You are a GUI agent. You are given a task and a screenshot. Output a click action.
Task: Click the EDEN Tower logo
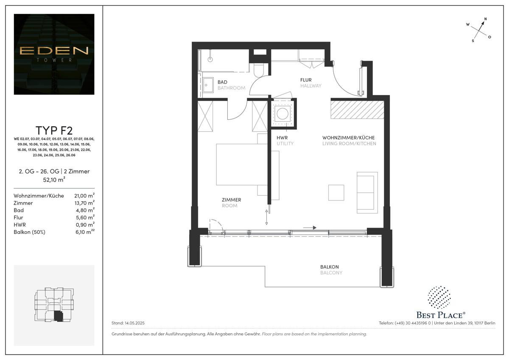coord(54,53)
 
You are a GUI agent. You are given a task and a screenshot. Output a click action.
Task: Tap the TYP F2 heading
coord(54,130)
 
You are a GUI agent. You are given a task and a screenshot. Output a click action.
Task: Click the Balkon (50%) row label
coord(30,232)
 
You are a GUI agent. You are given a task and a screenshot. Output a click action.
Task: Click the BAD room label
coord(223,82)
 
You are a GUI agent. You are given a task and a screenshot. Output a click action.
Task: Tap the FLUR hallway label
coord(306,80)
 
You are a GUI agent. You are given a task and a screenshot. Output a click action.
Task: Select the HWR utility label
coord(282,138)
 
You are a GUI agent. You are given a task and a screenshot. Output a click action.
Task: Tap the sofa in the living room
coord(367,192)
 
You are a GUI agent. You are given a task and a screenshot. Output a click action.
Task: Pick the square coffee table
coord(336,192)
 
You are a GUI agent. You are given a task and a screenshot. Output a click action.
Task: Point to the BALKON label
coord(329,267)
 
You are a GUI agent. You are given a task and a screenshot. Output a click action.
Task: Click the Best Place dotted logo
coord(439,297)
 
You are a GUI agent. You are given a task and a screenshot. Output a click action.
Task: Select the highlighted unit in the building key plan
coord(59,316)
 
